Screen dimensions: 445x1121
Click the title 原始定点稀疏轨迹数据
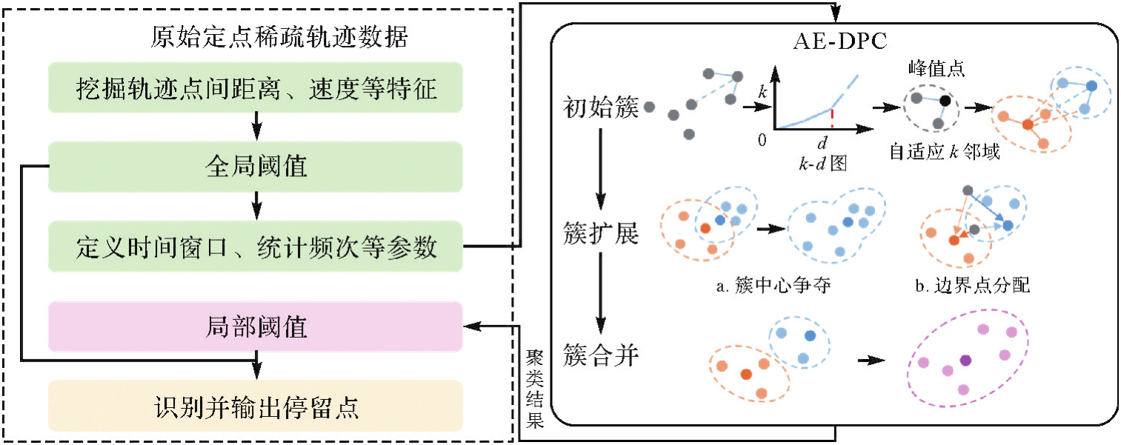pyautogui.click(x=279, y=37)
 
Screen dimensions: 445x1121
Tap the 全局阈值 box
pyautogui.click(x=256, y=167)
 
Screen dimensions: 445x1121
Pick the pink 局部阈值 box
pyautogui.click(x=256, y=327)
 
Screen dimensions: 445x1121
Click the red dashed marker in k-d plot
pyautogui.click(x=833, y=119)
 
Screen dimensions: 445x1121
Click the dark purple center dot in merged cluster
pyautogui.click(x=965, y=360)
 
